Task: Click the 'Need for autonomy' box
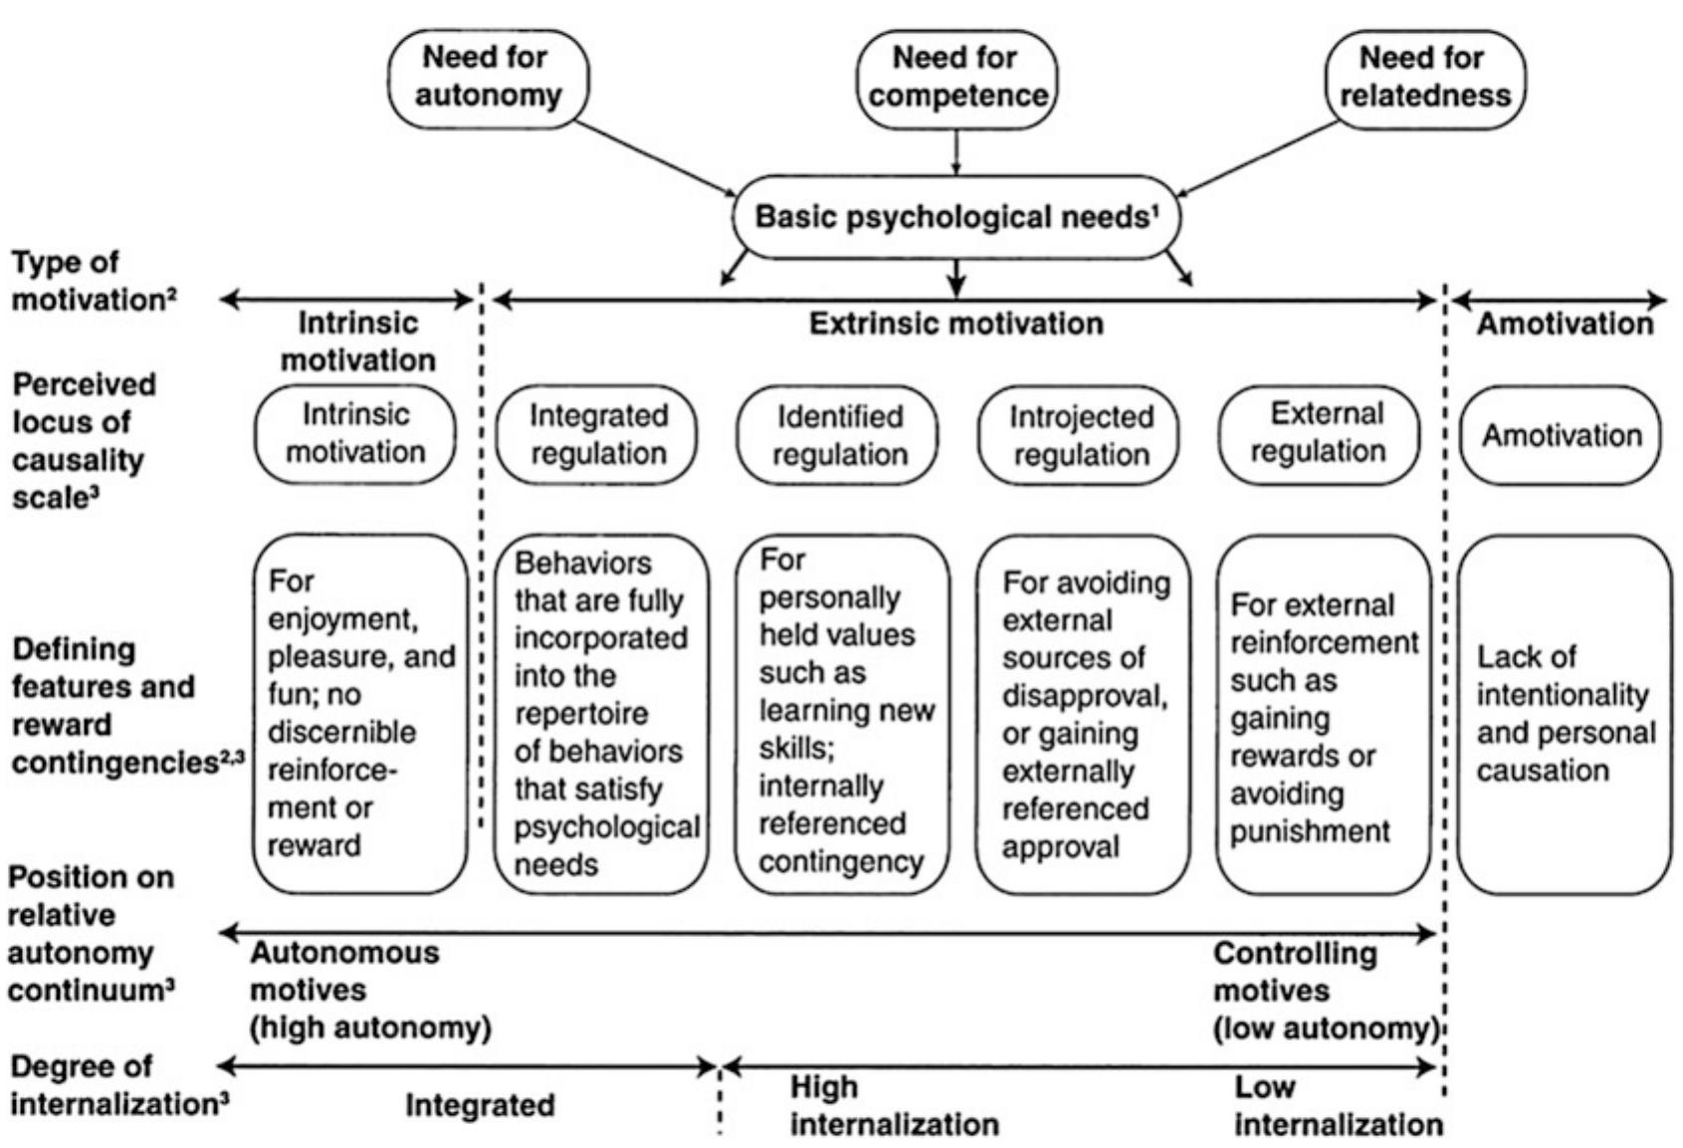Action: (x=488, y=78)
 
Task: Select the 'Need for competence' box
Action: (x=956, y=78)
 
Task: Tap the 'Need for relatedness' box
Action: (x=1424, y=78)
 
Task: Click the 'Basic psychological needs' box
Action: (x=955, y=217)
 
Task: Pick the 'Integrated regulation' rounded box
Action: (x=597, y=435)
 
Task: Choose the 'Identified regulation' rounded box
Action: (x=838, y=435)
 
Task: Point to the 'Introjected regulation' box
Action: (x=1080, y=435)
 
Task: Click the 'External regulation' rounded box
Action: (x=1320, y=433)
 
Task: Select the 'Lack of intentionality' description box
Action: (x=1564, y=713)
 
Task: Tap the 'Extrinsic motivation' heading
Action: (x=955, y=324)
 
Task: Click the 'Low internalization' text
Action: (x=1337, y=1105)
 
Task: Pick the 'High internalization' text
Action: (x=893, y=1105)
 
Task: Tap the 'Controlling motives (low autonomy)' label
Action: (x=1325, y=991)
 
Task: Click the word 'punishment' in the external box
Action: (x=1310, y=831)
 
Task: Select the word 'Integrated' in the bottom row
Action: (x=480, y=1105)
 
